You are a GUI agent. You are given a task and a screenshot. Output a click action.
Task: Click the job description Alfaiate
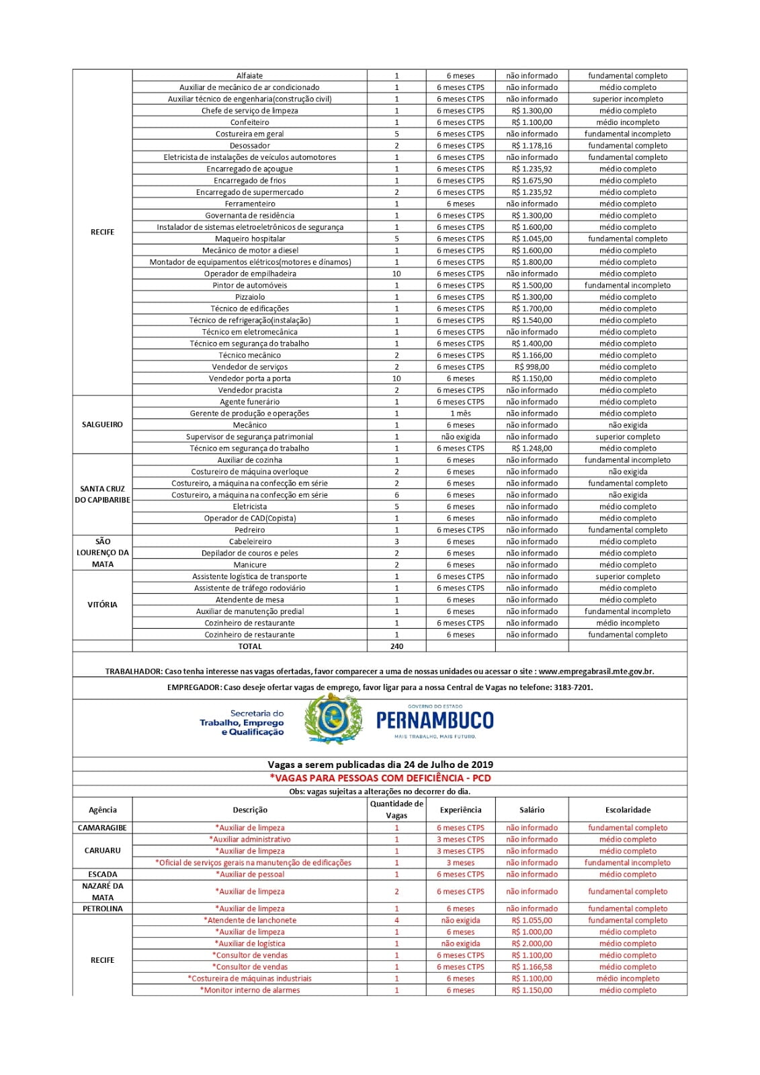[x=249, y=76]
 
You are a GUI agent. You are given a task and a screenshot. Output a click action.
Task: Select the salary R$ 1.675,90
[x=532, y=181]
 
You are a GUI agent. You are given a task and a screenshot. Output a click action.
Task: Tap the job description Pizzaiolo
[x=249, y=297]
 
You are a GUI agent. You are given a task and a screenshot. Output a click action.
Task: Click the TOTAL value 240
[x=396, y=646]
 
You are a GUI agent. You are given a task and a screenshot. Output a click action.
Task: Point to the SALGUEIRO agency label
[x=102, y=425]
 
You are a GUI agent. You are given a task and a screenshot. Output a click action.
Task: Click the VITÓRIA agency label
[x=102, y=605]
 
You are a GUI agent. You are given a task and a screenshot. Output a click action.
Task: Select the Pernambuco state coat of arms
[x=333, y=720]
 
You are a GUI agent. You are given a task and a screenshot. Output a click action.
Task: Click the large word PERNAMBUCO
[x=435, y=721]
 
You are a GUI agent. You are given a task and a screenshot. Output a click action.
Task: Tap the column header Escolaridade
[x=628, y=810]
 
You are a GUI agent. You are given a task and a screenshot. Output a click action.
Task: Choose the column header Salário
[x=532, y=810]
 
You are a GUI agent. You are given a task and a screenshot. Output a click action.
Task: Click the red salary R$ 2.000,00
[x=532, y=944]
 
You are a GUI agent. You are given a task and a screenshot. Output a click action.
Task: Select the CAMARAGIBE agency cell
[x=102, y=828]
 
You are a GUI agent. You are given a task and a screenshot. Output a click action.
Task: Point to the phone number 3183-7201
[x=573, y=687]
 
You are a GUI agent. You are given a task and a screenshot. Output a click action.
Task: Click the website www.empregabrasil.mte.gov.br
[x=596, y=671]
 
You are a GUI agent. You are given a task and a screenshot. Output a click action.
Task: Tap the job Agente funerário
[x=249, y=402]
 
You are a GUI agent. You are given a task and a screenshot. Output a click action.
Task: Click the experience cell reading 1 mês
[x=460, y=414]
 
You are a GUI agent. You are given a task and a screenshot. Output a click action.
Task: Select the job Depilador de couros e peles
[x=249, y=554]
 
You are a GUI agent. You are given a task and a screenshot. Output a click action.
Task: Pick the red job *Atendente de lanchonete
[x=249, y=920]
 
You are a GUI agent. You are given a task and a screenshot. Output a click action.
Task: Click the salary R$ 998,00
[x=532, y=368]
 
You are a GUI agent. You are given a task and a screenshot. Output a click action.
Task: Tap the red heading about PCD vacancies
[x=380, y=778]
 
